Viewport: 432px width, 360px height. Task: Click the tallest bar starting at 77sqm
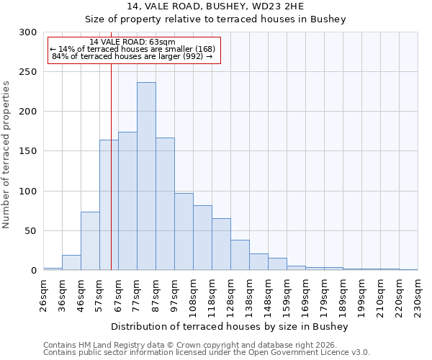pos(146,176)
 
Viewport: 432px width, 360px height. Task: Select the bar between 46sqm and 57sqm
pos(90,241)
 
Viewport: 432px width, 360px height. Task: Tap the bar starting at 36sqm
pos(71,263)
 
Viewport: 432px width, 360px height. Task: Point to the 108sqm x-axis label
pos(193,295)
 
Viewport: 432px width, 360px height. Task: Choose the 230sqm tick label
pos(418,295)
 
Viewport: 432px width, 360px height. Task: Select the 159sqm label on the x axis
pos(287,295)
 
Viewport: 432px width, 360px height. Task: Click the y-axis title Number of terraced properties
pos(6,155)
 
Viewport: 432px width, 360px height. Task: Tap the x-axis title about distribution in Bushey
pos(230,327)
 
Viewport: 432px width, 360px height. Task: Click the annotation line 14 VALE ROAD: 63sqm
pos(132,42)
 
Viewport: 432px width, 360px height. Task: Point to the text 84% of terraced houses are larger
pos(132,56)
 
